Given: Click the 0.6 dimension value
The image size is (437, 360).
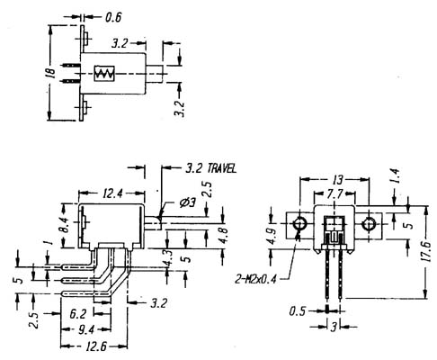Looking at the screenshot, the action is [113, 17].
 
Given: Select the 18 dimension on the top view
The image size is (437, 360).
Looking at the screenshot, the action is [51, 73].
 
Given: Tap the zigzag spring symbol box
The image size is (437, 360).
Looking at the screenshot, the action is [104, 73].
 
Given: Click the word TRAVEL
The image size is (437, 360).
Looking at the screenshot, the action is [222, 168].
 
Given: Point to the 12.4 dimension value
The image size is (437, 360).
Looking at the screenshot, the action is [113, 193].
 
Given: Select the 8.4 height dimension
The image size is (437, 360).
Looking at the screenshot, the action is [64, 225].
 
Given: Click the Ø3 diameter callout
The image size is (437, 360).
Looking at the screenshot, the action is [187, 203].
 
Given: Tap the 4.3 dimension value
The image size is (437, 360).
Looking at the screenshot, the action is [168, 257].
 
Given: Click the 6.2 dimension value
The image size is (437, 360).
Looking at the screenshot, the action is [78, 314].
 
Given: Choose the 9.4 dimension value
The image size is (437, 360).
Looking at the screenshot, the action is [86, 329].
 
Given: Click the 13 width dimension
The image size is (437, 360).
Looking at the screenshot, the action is [337, 180].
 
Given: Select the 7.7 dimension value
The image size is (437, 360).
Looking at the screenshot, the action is [334, 194].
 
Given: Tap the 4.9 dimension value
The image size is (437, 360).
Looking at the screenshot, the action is [273, 237].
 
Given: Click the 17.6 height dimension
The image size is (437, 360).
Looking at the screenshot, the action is [427, 251].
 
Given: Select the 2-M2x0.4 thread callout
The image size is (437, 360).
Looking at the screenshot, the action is [255, 280].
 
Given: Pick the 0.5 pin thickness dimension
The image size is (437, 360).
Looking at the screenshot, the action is [298, 311].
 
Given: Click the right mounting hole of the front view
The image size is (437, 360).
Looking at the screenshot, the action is [369, 224].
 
